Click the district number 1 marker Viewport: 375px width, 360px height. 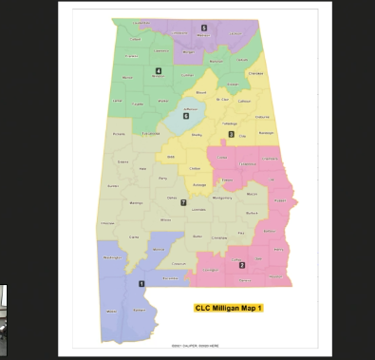pos(142,283)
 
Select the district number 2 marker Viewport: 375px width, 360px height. pos(242,264)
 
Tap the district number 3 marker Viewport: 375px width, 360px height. pos(231,135)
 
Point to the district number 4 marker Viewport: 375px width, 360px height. pos(159,70)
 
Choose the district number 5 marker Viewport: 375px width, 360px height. pos(203,28)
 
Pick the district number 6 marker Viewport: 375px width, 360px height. pos(186,116)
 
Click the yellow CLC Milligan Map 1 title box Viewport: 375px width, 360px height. pos(227,308)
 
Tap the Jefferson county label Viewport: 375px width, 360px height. pos(189,108)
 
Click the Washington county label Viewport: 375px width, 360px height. pos(113,257)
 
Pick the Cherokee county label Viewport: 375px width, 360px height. pos(255,72)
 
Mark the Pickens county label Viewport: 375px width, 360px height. pos(119,134)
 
